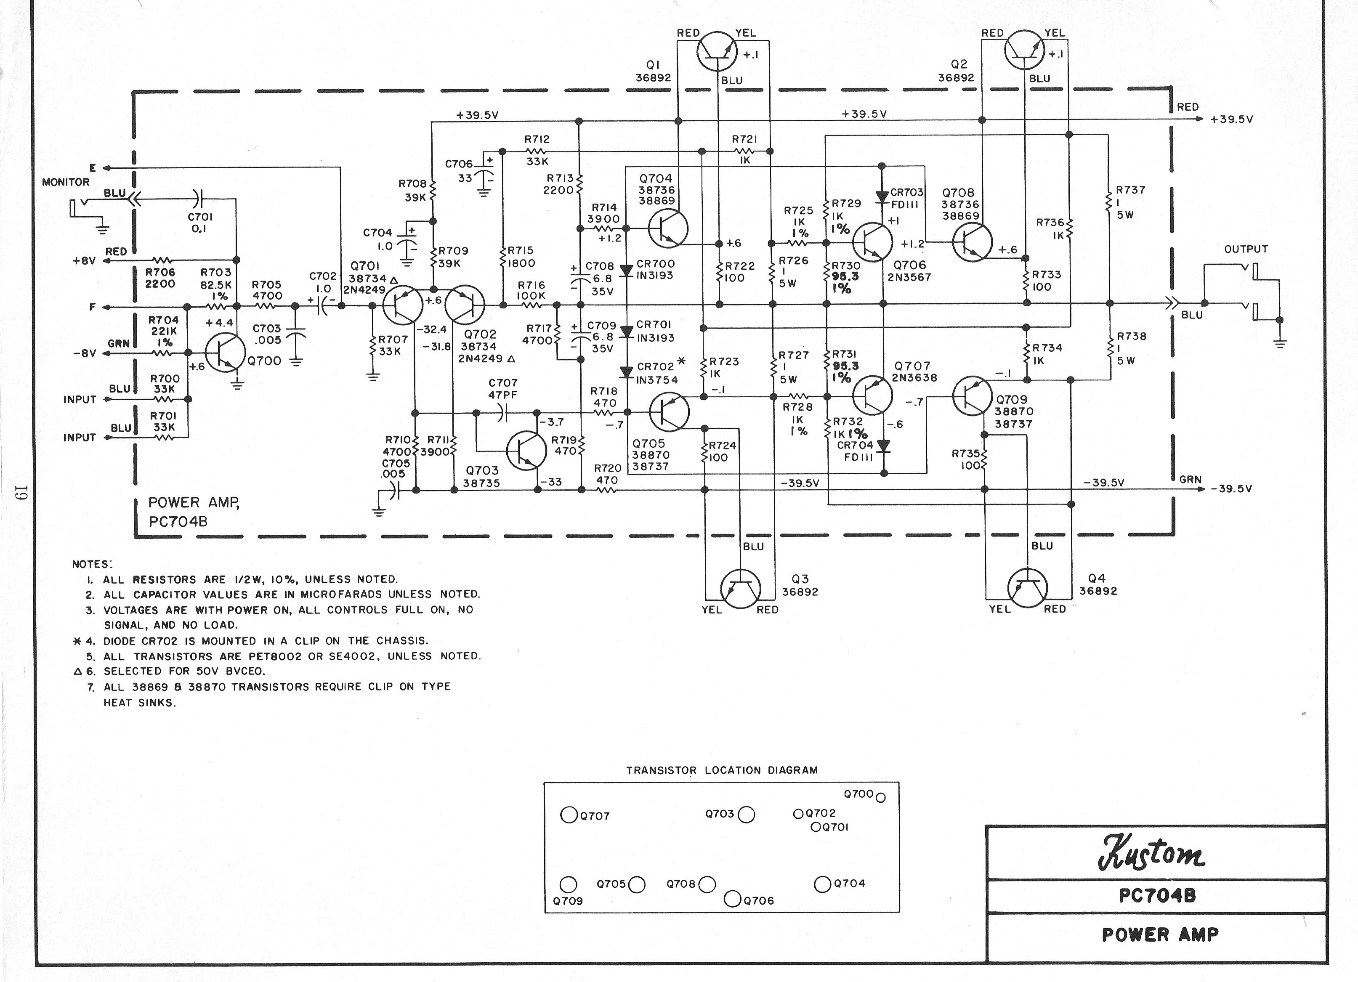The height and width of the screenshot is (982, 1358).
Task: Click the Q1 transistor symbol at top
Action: (718, 51)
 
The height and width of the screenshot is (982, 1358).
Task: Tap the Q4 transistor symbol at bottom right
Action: (1028, 588)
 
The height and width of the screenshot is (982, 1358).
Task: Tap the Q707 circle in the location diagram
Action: (568, 815)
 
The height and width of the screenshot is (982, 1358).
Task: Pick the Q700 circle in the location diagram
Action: (880, 797)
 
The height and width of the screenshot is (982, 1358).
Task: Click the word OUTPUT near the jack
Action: (1246, 249)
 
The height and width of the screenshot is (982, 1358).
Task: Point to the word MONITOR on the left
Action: (66, 182)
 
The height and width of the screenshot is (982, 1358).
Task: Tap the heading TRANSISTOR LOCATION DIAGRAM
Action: (722, 770)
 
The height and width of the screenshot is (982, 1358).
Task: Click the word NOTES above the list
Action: (92, 564)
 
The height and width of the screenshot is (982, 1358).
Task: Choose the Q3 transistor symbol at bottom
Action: (740, 589)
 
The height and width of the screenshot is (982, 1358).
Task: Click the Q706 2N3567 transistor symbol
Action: (872, 242)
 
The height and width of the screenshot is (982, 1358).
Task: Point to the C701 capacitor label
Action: (200, 217)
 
